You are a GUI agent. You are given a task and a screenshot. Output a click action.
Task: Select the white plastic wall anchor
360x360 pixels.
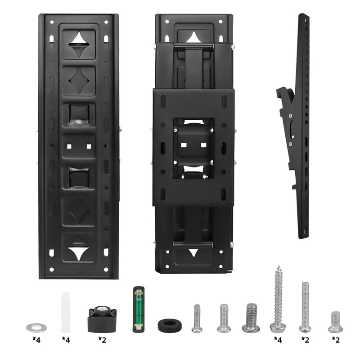(66, 312)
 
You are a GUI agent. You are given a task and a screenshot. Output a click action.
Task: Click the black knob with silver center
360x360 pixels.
(102, 318)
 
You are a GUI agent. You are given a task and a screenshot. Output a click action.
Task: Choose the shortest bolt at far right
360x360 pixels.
(335, 322)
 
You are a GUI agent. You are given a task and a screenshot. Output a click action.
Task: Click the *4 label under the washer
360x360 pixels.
(36, 340)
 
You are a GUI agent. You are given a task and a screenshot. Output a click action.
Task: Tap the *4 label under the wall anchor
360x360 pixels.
(66, 340)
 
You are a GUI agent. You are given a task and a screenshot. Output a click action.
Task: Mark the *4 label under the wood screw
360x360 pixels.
(278, 340)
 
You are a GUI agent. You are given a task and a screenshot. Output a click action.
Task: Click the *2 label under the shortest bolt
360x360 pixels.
(336, 340)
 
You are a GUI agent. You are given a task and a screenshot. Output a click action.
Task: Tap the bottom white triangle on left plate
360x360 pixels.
(79, 252)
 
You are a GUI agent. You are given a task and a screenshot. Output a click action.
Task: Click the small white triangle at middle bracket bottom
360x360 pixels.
(193, 252)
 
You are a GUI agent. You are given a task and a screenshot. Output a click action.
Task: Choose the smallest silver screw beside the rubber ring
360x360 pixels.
(197, 319)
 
